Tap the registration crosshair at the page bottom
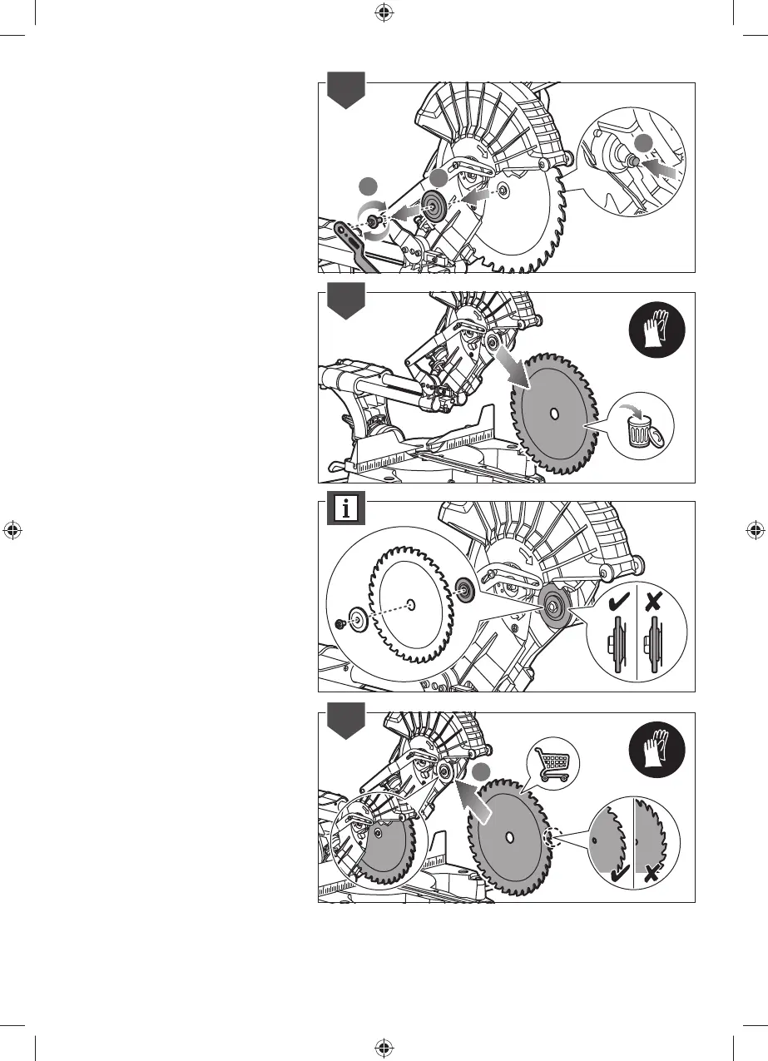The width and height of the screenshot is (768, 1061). [x=384, y=1047]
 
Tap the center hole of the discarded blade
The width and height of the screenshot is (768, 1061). [x=553, y=414]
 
